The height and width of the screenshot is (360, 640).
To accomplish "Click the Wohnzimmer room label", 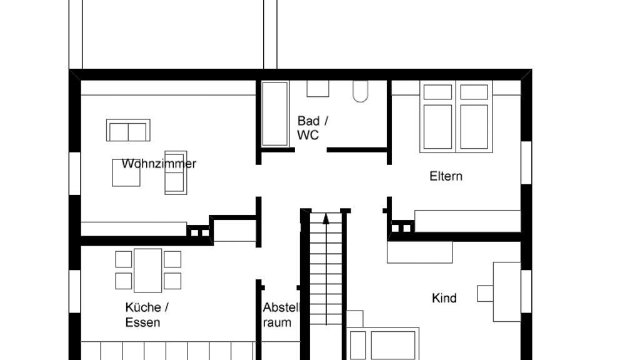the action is tap(159, 164).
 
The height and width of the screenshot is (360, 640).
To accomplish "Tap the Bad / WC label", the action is tap(312, 127).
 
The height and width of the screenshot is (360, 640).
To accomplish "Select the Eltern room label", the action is tap(446, 176).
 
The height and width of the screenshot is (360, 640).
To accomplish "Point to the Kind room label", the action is tap(444, 298).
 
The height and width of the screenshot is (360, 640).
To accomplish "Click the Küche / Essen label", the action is tap(147, 315).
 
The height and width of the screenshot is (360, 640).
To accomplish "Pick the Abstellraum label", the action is tap(281, 315).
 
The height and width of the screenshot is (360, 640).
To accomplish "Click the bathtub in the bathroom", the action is tap(275, 114).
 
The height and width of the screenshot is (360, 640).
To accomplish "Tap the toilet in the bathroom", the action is tap(360, 91).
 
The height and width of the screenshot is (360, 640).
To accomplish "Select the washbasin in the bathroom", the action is tap(318, 89).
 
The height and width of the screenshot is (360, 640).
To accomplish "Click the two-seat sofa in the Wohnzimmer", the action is tap(128, 130).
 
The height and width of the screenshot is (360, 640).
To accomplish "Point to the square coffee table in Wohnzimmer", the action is tap(126, 172).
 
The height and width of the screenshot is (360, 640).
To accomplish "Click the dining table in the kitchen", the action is tap(147, 270).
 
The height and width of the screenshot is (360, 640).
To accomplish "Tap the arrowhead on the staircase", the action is tap(326, 219).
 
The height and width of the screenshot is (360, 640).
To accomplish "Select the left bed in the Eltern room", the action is tap(437, 117).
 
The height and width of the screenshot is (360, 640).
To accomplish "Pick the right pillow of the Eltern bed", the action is tap(474, 92).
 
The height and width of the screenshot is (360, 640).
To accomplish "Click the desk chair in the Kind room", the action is tap(485, 294).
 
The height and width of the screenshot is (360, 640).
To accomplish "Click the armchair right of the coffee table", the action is tap(176, 172).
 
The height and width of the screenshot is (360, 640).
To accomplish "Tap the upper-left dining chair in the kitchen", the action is tap(124, 259).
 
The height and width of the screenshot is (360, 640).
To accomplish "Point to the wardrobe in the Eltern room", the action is tap(467, 221).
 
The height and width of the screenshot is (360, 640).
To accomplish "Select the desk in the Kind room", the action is tap(507, 292).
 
